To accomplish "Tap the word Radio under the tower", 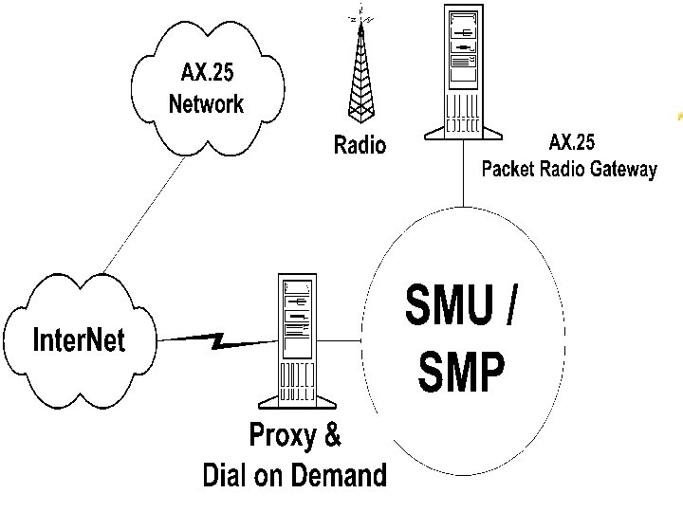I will (360, 145).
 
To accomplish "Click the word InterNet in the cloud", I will (79, 339).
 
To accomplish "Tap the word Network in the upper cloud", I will (206, 103).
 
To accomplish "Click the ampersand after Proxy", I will (331, 437).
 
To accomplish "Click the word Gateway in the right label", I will (622, 170).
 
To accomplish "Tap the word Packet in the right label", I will (512, 170).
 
